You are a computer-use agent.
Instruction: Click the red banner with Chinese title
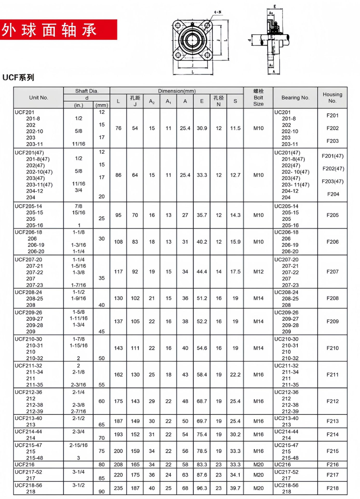[58, 30]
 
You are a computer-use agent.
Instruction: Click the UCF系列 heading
[18, 77]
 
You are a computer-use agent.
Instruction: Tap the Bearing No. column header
[295, 98]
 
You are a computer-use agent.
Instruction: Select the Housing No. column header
[332, 98]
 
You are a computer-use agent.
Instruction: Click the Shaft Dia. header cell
[86, 91]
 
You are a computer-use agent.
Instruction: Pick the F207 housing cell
[332, 272]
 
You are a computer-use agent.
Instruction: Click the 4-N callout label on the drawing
[217, 12]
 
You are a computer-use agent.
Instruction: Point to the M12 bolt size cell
[258, 272]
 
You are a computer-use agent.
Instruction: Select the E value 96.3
[202, 488]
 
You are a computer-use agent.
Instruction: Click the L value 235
[118, 488]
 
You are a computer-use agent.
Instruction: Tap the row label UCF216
[25, 464]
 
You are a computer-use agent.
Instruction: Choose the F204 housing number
[333, 194]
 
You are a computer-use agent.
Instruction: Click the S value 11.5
[235, 128]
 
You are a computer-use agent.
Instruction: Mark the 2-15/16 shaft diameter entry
[78, 445]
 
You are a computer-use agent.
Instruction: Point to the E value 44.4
[202, 272]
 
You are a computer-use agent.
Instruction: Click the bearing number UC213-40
[286, 418]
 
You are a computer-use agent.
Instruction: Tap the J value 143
[135, 401]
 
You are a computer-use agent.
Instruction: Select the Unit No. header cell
[38, 98]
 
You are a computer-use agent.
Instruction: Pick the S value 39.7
[235, 488]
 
